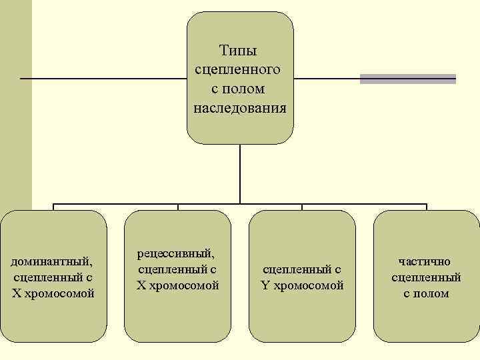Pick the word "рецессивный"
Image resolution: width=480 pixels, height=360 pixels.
pyautogui.click(x=178, y=253)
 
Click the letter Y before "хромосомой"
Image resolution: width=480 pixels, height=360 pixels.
pyautogui.click(x=266, y=285)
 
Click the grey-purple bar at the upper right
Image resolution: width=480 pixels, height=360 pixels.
pyautogui.click(x=408, y=79)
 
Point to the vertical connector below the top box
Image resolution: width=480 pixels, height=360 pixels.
pyautogui.click(x=240, y=173)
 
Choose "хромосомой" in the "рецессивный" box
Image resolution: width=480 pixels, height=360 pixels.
pyautogui.click(x=183, y=285)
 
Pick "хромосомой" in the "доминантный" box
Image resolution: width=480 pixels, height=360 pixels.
pyautogui.click(x=59, y=293)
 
